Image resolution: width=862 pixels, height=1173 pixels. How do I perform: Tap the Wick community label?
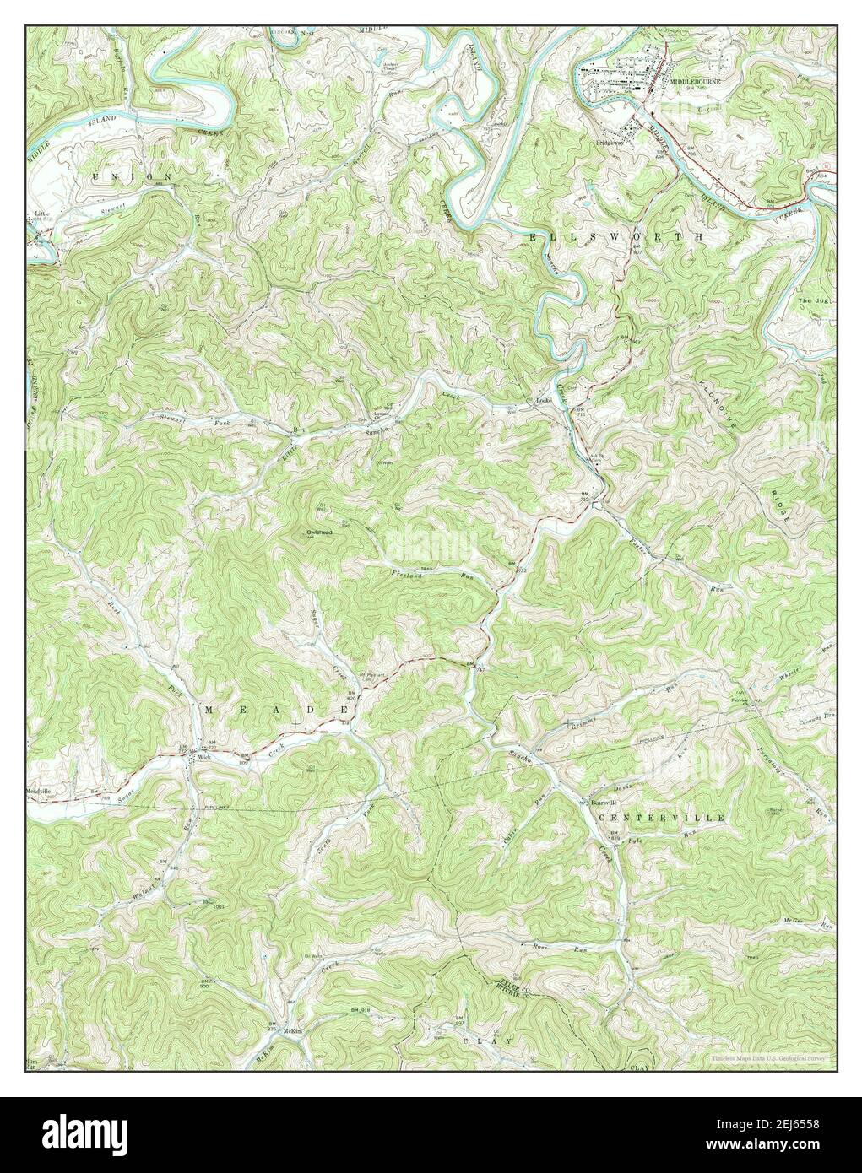pyautogui.click(x=203, y=758)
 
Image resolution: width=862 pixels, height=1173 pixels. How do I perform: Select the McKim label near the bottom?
pyautogui.click(x=293, y=1031)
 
